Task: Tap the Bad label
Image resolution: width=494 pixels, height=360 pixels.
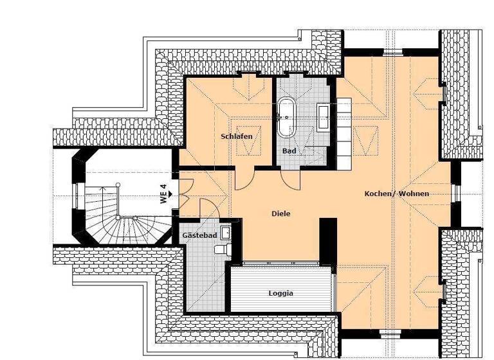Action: [289, 151]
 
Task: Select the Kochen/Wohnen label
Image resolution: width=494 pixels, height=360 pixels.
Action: [396, 194]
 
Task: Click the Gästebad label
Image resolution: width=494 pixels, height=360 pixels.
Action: [199, 236]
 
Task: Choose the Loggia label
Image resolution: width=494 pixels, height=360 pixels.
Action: [281, 293]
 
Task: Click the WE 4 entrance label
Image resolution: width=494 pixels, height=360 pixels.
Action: [164, 194]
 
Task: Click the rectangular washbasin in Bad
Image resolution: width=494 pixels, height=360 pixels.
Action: [324, 116]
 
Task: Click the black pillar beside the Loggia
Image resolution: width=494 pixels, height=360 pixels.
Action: [328, 240]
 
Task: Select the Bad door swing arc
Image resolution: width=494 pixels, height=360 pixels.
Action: [290, 179]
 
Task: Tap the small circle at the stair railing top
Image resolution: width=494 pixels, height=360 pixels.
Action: [118, 185]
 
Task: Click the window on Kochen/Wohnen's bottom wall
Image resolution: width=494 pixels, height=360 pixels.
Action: [390, 333]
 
